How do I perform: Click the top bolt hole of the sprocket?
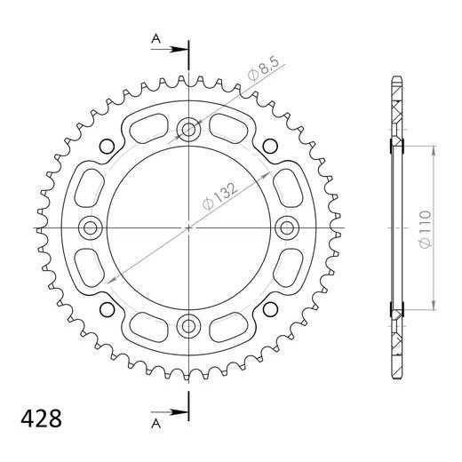coord(188,131)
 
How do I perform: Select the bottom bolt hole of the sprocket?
coord(188,325)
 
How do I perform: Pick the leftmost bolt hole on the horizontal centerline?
coord(92,228)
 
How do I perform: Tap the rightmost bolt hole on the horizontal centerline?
coord(286,228)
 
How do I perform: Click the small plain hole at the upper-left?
coord(108,147)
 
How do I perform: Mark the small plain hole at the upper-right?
coord(270,147)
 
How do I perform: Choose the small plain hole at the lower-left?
coord(108,309)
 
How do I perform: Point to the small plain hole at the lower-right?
coord(270,309)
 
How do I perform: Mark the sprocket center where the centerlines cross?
coord(188,228)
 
